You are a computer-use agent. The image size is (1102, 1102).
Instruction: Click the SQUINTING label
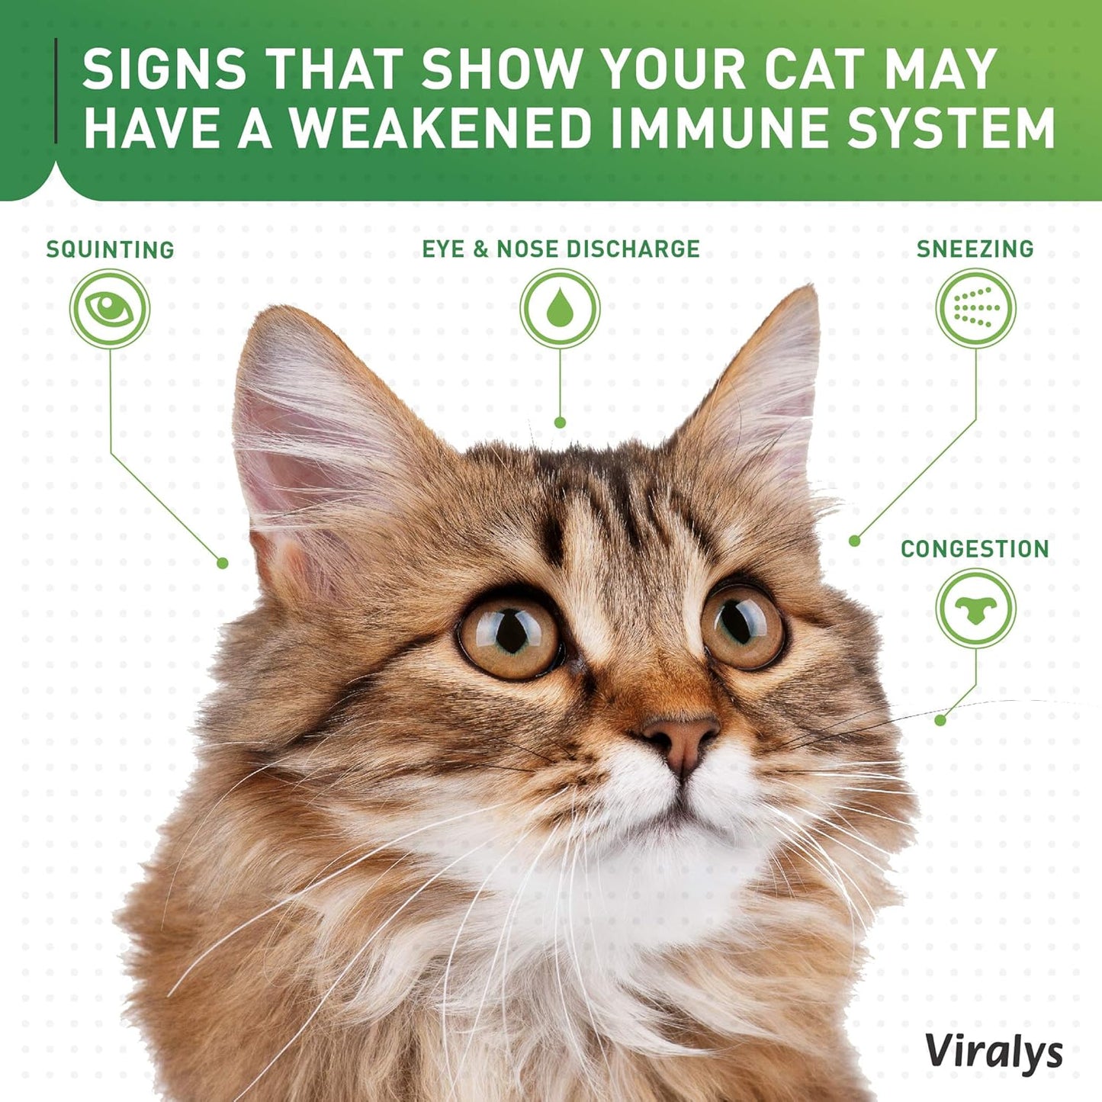[x=110, y=249]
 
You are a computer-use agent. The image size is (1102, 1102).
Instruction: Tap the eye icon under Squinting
[x=110, y=309]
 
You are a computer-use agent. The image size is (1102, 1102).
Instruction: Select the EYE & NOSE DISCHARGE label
[x=561, y=249]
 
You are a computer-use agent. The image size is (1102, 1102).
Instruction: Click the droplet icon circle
[x=560, y=309]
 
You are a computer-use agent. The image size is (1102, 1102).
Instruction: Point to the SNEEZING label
[x=975, y=249]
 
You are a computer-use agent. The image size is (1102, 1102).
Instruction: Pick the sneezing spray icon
[x=975, y=309]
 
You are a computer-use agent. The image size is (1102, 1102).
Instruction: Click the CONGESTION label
[x=975, y=548]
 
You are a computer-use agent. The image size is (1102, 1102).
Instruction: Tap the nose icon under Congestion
[x=976, y=609]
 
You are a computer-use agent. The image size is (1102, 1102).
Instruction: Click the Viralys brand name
[x=994, y=1052]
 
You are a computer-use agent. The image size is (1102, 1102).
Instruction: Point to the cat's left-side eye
[x=509, y=636]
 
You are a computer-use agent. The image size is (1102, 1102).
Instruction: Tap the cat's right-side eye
[x=743, y=626]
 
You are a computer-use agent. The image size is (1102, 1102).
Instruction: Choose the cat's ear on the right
[x=763, y=381]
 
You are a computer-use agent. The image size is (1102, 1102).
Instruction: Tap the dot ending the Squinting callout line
[x=223, y=564]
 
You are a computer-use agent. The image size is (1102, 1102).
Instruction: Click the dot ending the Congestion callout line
[x=940, y=720]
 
